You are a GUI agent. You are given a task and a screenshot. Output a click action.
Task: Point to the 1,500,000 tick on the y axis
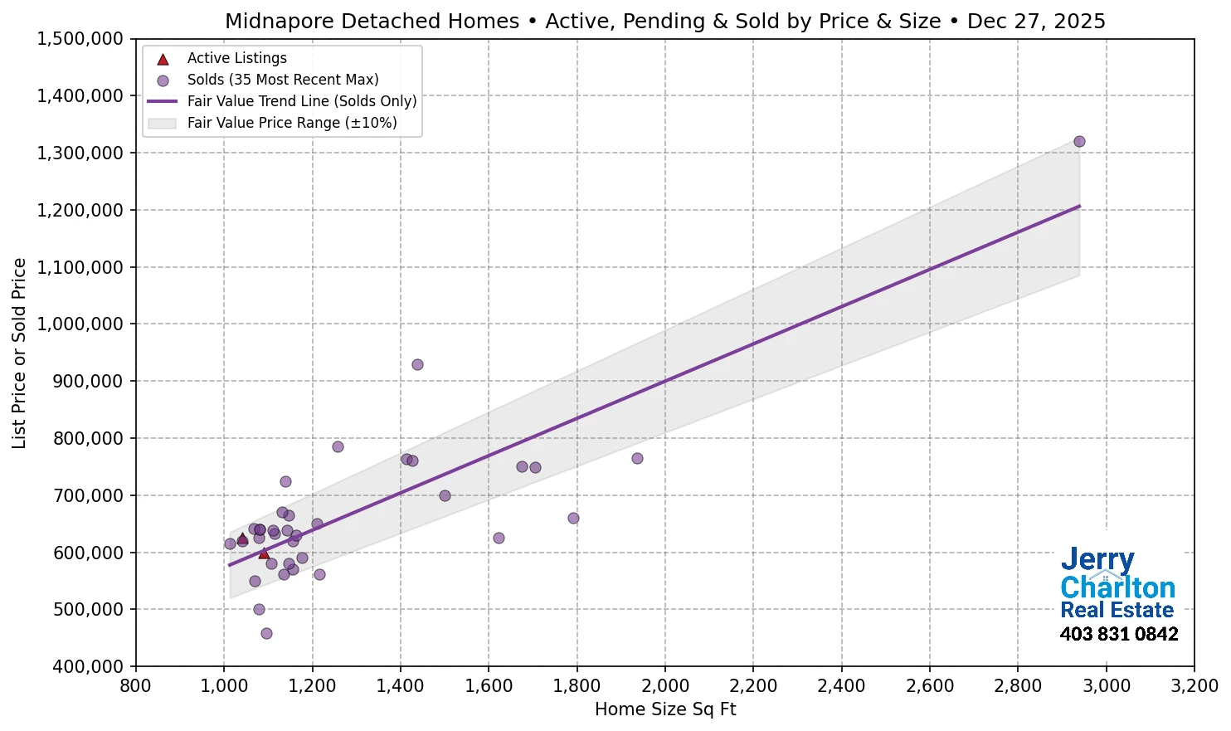tap(80, 39)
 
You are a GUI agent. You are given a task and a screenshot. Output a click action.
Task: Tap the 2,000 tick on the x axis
tap(665, 686)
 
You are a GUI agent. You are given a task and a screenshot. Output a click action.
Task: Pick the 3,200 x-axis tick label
tap(1195, 686)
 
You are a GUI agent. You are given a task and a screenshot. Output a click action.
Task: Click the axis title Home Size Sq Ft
tap(665, 709)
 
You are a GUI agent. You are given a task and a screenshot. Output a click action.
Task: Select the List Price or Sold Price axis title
tap(19, 353)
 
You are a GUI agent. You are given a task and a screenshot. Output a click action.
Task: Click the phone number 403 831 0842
tap(1118, 635)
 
